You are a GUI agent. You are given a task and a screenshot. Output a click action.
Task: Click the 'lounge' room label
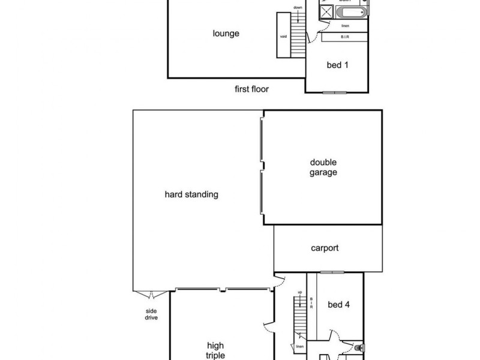(x=226, y=34)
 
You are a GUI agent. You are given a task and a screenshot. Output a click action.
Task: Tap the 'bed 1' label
(x=337, y=65)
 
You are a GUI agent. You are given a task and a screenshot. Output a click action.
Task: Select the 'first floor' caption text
(x=251, y=89)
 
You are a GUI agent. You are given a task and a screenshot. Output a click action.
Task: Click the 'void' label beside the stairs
(x=283, y=36)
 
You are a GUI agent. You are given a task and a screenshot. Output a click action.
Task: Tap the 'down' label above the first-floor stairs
(x=298, y=7)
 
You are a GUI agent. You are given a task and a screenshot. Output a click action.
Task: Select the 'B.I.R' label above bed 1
(x=345, y=37)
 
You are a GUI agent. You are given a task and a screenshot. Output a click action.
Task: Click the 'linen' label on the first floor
(x=345, y=26)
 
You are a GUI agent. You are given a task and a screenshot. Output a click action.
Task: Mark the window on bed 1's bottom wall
(x=334, y=92)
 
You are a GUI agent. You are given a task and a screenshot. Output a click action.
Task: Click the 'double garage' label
(x=323, y=167)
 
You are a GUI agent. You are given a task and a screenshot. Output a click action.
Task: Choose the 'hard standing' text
(x=191, y=194)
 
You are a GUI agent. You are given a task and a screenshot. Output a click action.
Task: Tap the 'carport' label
(x=325, y=248)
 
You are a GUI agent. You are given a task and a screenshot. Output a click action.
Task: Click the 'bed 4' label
(x=338, y=305)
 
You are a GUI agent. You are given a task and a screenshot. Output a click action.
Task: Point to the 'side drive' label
(x=151, y=314)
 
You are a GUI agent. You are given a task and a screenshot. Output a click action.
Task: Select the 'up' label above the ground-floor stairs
(x=299, y=293)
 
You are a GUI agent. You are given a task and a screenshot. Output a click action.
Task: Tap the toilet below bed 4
(x=359, y=347)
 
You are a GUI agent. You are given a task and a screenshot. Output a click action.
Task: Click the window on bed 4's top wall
(x=331, y=272)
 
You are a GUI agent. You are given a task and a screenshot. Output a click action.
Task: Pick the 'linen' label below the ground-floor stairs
(x=299, y=347)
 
